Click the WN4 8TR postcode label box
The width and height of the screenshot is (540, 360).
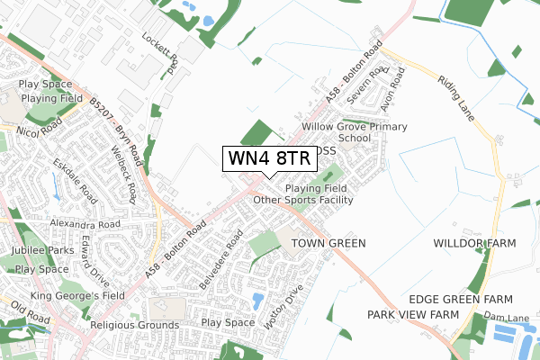(269, 157)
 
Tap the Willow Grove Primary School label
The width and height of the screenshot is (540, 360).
(336, 133)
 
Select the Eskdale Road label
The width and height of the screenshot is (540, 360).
(72, 180)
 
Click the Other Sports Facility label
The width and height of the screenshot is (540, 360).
(302, 199)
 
